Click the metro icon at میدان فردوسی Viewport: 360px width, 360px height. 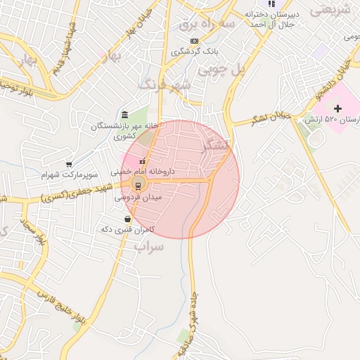coord(138,185)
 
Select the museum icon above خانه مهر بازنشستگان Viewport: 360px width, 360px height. coord(124,115)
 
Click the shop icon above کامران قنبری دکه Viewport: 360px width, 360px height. coord(127,219)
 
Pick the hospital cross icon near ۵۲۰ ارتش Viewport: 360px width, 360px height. coord(338,109)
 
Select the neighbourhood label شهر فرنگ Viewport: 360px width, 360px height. coord(166,86)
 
